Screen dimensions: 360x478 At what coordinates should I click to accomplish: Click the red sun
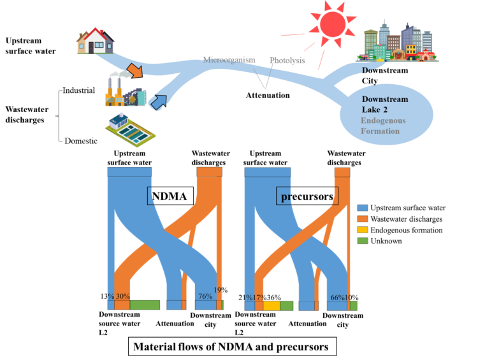332,24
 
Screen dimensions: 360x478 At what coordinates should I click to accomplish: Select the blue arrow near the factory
157,101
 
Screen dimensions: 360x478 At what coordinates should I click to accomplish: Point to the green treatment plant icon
130,129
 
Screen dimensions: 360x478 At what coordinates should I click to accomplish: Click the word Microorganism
229,60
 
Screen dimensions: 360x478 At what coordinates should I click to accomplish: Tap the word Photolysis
287,61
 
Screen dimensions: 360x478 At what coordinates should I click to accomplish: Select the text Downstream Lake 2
384,104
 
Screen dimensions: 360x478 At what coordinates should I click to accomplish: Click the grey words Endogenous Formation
382,126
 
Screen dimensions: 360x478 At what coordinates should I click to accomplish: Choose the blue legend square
363,208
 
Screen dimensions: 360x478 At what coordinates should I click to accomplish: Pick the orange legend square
363,219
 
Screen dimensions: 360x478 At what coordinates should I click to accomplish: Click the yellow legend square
363,229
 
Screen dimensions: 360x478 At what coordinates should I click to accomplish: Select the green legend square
363,240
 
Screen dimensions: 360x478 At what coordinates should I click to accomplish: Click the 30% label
122,296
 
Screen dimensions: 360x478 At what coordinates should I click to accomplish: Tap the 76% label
205,296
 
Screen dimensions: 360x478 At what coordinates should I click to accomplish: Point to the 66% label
337,298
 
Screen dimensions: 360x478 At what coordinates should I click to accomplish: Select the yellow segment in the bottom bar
272,306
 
